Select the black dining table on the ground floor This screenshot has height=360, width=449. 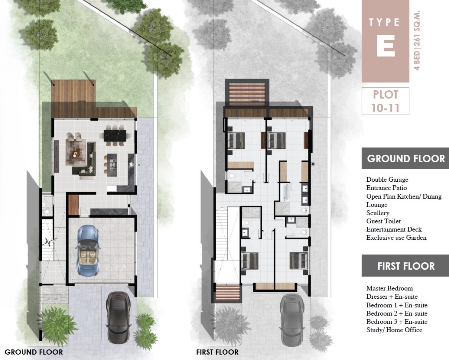(x=115, y=136)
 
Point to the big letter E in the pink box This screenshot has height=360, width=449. (x=386, y=46)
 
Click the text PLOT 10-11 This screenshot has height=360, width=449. (x=385, y=101)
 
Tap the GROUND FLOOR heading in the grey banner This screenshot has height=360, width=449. (x=406, y=158)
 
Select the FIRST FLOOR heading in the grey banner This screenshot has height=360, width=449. (x=406, y=266)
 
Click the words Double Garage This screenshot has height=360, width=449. (x=387, y=180)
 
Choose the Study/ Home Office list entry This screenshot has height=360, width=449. (x=394, y=330)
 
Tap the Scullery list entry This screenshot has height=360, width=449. (x=378, y=213)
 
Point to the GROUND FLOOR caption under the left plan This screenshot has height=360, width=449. (x=34, y=352)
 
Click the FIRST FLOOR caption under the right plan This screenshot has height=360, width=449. (x=218, y=352)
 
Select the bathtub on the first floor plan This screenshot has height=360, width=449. (x=285, y=192)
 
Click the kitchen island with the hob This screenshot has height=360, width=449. (x=112, y=165)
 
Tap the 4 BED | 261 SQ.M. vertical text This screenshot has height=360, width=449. (x=417, y=41)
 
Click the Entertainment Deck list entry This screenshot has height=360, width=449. (x=394, y=229)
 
